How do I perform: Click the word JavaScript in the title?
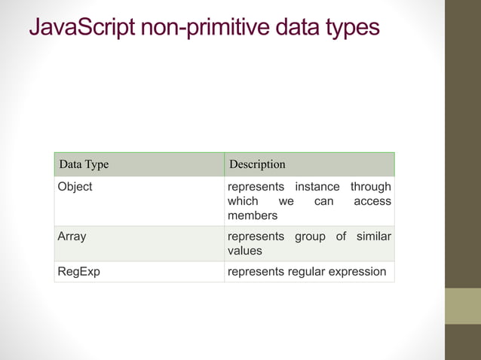(x=81, y=28)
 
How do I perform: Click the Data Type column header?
(x=84, y=164)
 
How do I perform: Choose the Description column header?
(x=257, y=164)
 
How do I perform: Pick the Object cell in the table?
(x=75, y=187)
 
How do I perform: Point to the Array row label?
(x=72, y=236)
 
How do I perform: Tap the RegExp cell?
(x=79, y=272)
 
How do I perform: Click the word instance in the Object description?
(x=317, y=187)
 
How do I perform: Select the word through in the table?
(x=371, y=187)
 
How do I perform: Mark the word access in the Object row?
(x=372, y=201)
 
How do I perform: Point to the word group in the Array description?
(x=310, y=236)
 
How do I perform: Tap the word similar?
(x=373, y=236)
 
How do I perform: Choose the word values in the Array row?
(x=245, y=251)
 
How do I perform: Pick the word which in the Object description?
(x=243, y=201)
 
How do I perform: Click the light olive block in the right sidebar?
(x=462, y=306)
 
